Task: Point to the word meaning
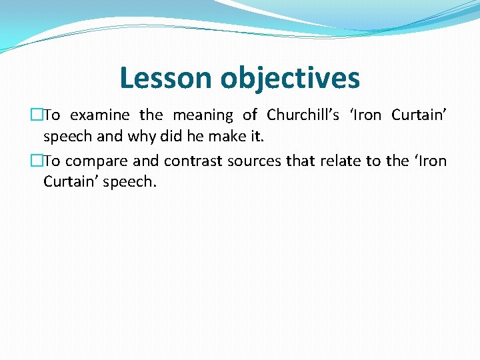click(x=203, y=115)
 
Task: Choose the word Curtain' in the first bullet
click(x=419, y=115)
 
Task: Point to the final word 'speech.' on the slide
click(x=130, y=181)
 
